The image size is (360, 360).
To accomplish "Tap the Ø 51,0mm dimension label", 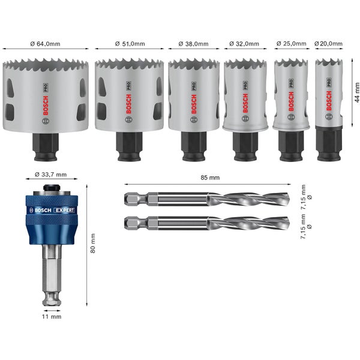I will click(x=129, y=43).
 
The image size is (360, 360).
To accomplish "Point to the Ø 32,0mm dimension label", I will click(x=245, y=43).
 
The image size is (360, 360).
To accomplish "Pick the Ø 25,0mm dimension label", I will click(x=291, y=43).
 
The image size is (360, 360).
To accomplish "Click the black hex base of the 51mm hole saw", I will click(x=129, y=146).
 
